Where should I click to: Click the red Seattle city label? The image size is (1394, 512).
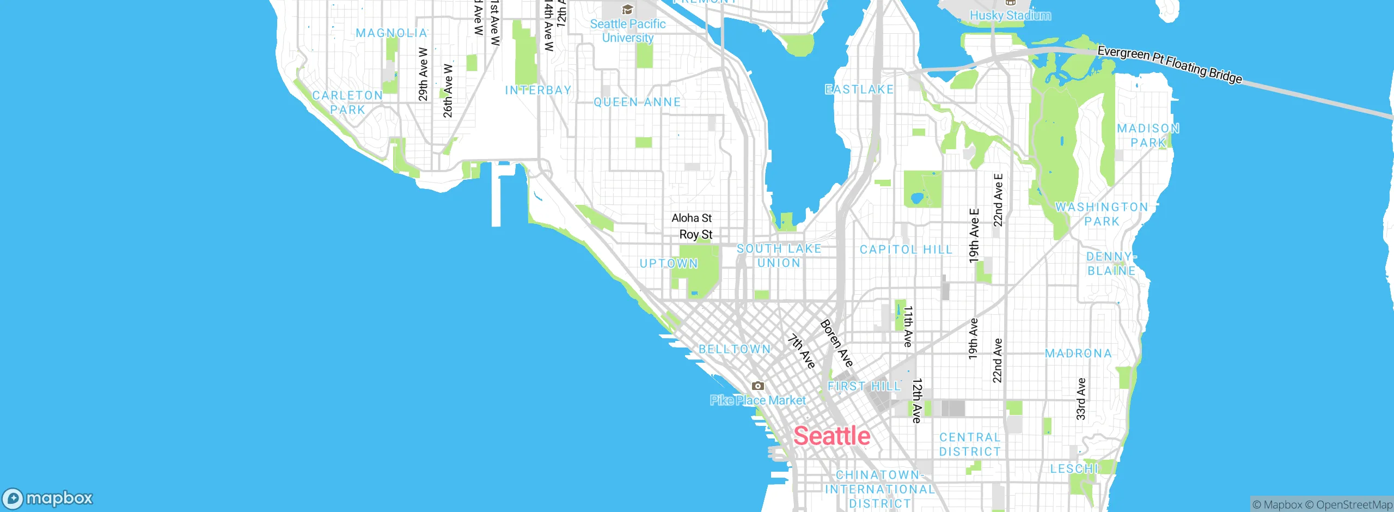pos(831,436)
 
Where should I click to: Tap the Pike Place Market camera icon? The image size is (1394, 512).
pos(757,386)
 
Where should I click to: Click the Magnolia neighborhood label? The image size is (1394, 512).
pos(391,33)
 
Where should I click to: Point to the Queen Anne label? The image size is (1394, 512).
pos(637,102)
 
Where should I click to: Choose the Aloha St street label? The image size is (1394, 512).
pos(692,218)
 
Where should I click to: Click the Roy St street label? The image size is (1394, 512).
pos(695,235)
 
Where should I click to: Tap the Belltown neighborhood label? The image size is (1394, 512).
pos(735,349)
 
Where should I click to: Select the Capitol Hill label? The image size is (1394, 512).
pos(906,249)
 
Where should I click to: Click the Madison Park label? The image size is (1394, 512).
pos(1148,136)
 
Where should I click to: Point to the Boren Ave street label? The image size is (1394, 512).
pos(836,343)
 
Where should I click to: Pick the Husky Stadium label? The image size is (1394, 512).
pos(1010,15)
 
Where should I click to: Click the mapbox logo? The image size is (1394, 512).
pos(48,498)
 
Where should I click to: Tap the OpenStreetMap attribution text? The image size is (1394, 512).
pos(1354,505)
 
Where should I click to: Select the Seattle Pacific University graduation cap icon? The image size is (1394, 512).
pos(627,10)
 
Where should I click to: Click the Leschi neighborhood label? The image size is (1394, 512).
pos(1074,468)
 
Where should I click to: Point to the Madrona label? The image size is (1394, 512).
pos(1078,353)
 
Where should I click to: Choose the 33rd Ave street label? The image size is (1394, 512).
pos(1081,399)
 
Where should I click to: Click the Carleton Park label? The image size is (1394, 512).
pos(347,102)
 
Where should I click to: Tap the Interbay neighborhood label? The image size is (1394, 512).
pos(538,90)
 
